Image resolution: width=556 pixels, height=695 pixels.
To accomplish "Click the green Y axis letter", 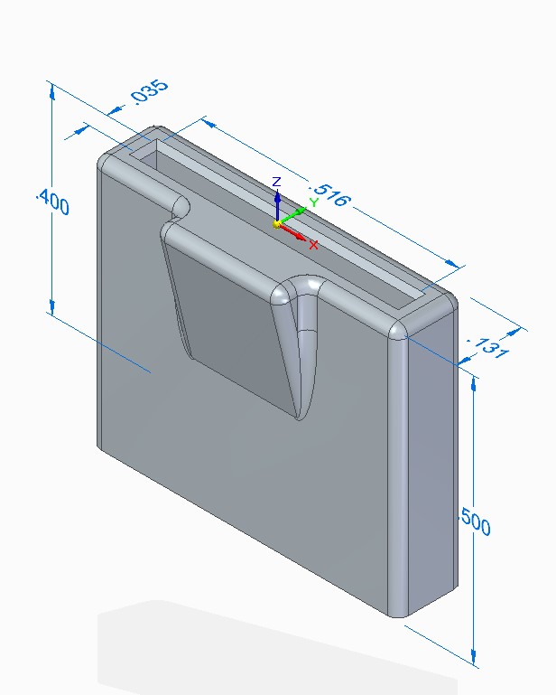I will (313, 202).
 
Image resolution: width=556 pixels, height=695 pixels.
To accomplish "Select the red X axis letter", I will (313, 244).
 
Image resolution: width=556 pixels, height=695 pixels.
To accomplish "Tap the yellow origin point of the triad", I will (278, 223).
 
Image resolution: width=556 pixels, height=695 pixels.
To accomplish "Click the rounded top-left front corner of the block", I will (107, 162).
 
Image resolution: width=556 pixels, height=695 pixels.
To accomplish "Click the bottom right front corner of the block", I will (396, 615).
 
